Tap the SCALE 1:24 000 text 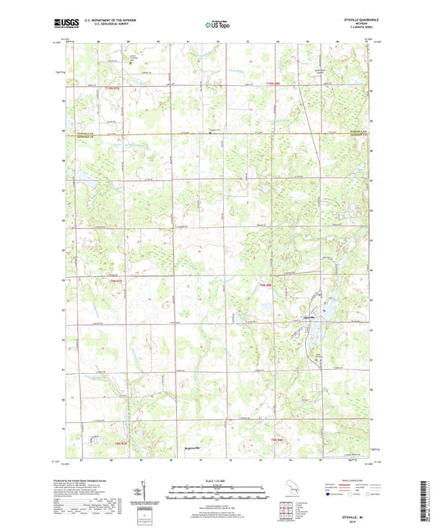click(216, 480)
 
